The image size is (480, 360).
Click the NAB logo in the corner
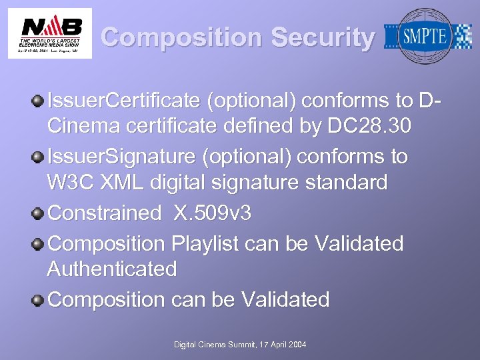(x=50, y=33)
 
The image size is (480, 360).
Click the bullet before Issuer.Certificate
(x=40, y=101)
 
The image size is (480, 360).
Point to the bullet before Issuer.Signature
(x=40, y=157)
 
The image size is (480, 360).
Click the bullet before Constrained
(x=40, y=213)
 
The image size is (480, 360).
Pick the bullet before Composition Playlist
(x=40, y=244)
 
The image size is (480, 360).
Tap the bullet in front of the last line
(x=40, y=300)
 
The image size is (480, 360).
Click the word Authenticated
(x=112, y=269)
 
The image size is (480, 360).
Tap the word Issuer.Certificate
(x=124, y=101)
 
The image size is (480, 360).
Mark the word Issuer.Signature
(x=125, y=157)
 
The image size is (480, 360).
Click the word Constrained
(x=105, y=213)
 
